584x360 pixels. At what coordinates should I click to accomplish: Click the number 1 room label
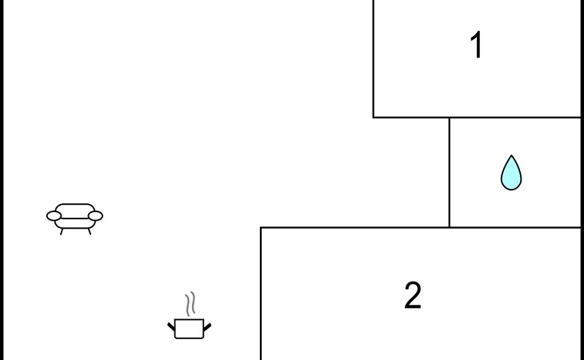tap(477, 46)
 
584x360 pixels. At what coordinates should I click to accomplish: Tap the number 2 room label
tap(413, 296)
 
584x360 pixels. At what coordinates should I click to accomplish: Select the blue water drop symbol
tap(511, 174)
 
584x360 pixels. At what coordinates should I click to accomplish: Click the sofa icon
tap(75, 216)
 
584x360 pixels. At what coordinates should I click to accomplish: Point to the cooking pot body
tap(190, 329)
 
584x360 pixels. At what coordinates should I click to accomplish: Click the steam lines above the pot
tap(190, 304)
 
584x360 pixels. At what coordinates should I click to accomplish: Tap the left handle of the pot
tap(171, 326)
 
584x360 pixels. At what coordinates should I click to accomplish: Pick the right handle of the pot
tap(207, 326)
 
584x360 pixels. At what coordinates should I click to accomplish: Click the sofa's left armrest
tap(54, 215)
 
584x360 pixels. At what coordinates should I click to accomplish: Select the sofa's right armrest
tap(96, 215)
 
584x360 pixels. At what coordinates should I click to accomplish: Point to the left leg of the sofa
tap(62, 231)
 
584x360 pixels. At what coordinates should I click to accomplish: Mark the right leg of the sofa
tap(90, 231)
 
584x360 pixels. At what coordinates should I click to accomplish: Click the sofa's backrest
tap(75, 208)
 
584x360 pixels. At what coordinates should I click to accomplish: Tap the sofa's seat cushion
tap(75, 222)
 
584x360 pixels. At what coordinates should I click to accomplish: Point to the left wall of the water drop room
tap(449, 172)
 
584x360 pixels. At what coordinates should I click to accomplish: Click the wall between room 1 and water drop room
tap(515, 118)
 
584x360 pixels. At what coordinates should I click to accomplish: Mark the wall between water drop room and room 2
tap(515, 227)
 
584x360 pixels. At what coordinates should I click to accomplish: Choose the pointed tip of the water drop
tap(511, 157)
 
